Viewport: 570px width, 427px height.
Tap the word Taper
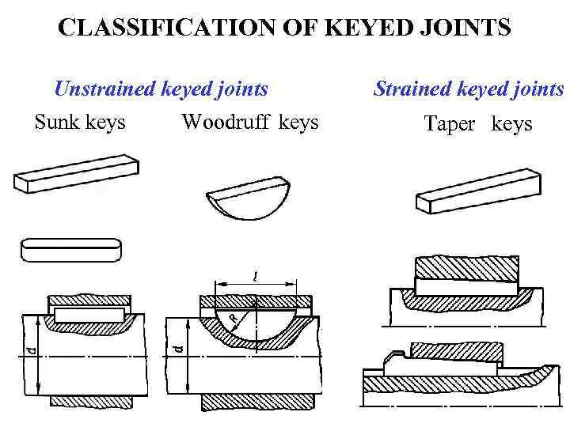[x=449, y=123]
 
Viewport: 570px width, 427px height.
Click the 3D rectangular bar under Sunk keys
[x=76, y=174]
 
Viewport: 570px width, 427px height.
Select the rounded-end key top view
[x=70, y=248]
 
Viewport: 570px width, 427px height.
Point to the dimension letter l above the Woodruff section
[x=254, y=277]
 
